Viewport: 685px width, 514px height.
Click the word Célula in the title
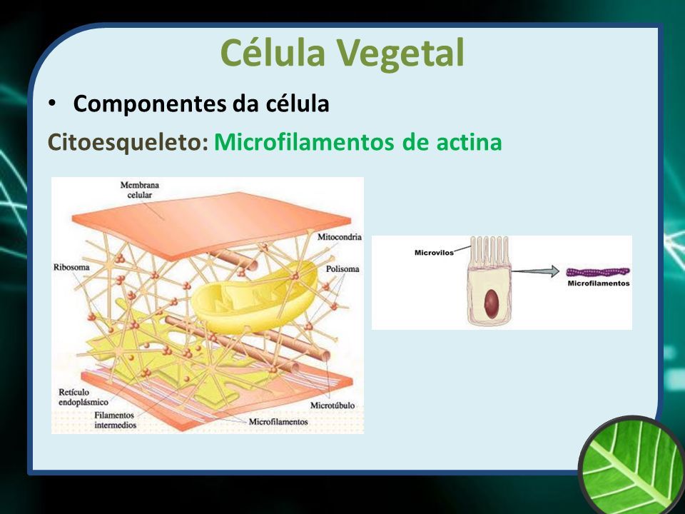coord(273,52)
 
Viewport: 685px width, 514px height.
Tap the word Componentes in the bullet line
coord(150,104)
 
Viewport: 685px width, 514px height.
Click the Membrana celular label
coord(140,190)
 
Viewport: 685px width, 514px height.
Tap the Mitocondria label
coord(340,237)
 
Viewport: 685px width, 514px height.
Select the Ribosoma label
coord(71,266)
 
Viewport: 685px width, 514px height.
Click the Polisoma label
coord(342,269)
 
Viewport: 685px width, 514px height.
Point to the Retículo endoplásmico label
coord(83,397)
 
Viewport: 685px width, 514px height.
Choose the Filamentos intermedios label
coord(115,420)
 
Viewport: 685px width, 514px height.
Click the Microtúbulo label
coord(332,405)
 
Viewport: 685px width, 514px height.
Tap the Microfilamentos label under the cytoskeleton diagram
coord(278,422)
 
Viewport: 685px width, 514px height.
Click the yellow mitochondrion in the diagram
coord(255,297)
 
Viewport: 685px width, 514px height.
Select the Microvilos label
coord(434,253)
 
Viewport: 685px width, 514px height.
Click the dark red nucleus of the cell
coord(492,303)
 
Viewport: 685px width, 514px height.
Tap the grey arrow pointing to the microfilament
coord(536,271)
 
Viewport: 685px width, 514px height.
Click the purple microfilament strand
coord(598,272)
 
